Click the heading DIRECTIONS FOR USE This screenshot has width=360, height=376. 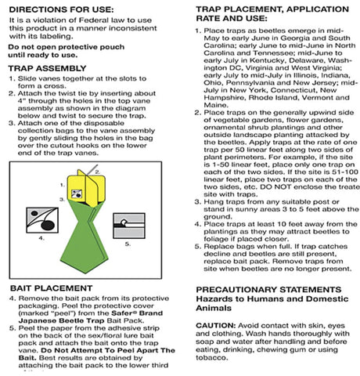pyautogui.click(x=61, y=10)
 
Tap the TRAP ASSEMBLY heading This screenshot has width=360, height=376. pyautogui.click(x=47, y=68)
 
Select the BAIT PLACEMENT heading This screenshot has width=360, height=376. pyautogui.click(x=52, y=288)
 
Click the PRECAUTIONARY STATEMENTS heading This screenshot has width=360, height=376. pyautogui.click(x=268, y=290)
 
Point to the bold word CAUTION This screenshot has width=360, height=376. pyautogui.click(x=216, y=326)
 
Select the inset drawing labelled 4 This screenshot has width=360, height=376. pyautogui.click(x=42, y=220)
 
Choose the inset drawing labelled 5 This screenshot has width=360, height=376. pyautogui.click(x=129, y=226)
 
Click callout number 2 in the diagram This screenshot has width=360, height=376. pyautogui.click(x=97, y=172)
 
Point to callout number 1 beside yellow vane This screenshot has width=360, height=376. pyautogui.click(x=63, y=185)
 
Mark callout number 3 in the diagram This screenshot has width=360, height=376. pyautogui.click(x=62, y=200)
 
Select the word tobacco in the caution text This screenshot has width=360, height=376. pyautogui.click(x=212, y=358)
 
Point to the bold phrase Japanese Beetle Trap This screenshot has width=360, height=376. pyautogui.click(x=62, y=320)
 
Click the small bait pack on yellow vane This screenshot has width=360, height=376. pyautogui.click(x=77, y=193)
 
